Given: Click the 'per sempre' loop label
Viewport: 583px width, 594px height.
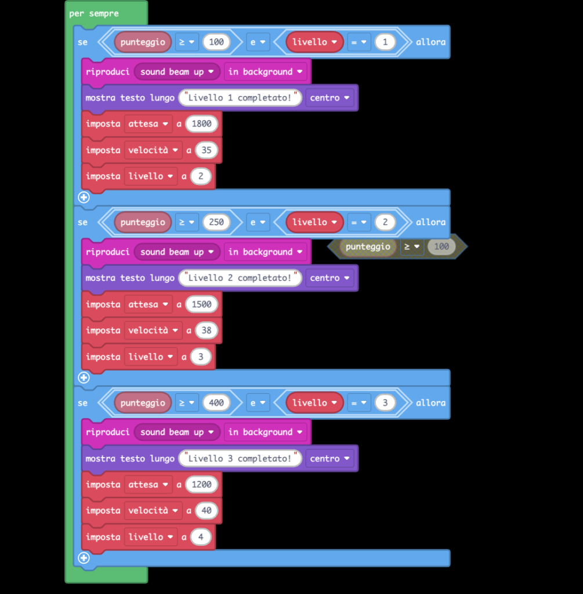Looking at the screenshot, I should [x=93, y=13].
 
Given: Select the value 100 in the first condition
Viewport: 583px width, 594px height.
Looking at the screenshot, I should [x=216, y=42].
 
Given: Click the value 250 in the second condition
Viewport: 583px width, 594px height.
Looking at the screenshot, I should [x=216, y=222].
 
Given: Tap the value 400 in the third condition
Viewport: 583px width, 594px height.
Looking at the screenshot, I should [x=216, y=403].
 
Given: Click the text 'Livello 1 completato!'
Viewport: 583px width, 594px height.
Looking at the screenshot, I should [x=240, y=98].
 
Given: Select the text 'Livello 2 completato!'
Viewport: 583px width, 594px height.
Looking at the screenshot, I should [x=240, y=278].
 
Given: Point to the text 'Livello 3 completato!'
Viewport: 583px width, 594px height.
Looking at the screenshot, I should [x=240, y=459].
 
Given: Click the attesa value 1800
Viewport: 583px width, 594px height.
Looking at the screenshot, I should [x=201, y=124].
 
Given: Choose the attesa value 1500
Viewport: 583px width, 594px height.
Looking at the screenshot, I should [x=201, y=305].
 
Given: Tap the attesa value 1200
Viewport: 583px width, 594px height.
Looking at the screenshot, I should [x=201, y=484].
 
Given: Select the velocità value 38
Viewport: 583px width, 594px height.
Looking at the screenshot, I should [x=207, y=331].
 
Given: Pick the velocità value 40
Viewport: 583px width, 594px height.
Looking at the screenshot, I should [x=207, y=510].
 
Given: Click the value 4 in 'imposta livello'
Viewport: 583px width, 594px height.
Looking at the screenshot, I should [x=201, y=537].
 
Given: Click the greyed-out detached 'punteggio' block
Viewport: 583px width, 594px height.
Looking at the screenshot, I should [x=368, y=247].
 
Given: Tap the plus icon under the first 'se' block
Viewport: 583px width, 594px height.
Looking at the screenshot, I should [x=84, y=197].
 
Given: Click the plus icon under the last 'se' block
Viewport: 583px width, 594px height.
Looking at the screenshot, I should [x=84, y=558].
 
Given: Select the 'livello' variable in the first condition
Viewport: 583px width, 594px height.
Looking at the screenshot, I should [x=314, y=42].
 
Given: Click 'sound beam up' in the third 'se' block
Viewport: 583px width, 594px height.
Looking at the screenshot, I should [x=176, y=432].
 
